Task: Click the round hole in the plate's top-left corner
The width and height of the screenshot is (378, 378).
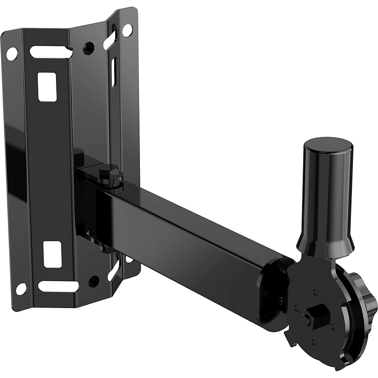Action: click(x=11, y=53)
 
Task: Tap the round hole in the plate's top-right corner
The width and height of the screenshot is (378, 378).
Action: click(x=127, y=30)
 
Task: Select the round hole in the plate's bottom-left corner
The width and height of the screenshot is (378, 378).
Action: click(x=21, y=289)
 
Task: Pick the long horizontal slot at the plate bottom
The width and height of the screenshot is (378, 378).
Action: click(x=59, y=286)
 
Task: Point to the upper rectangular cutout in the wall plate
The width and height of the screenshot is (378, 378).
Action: click(x=47, y=87)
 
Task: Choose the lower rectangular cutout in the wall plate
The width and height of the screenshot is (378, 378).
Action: click(x=52, y=254)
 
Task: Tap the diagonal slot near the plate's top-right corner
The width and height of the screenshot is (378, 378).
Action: click(x=110, y=40)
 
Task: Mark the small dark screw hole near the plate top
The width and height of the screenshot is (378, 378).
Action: click(x=89, y=48)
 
